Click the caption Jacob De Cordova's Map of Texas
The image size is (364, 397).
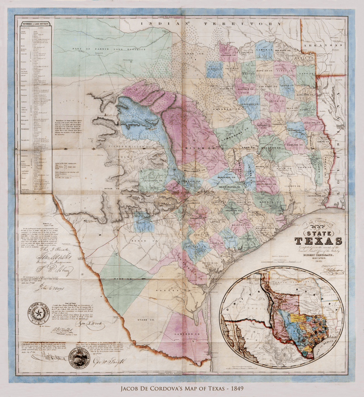click(x=182, y=389)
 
